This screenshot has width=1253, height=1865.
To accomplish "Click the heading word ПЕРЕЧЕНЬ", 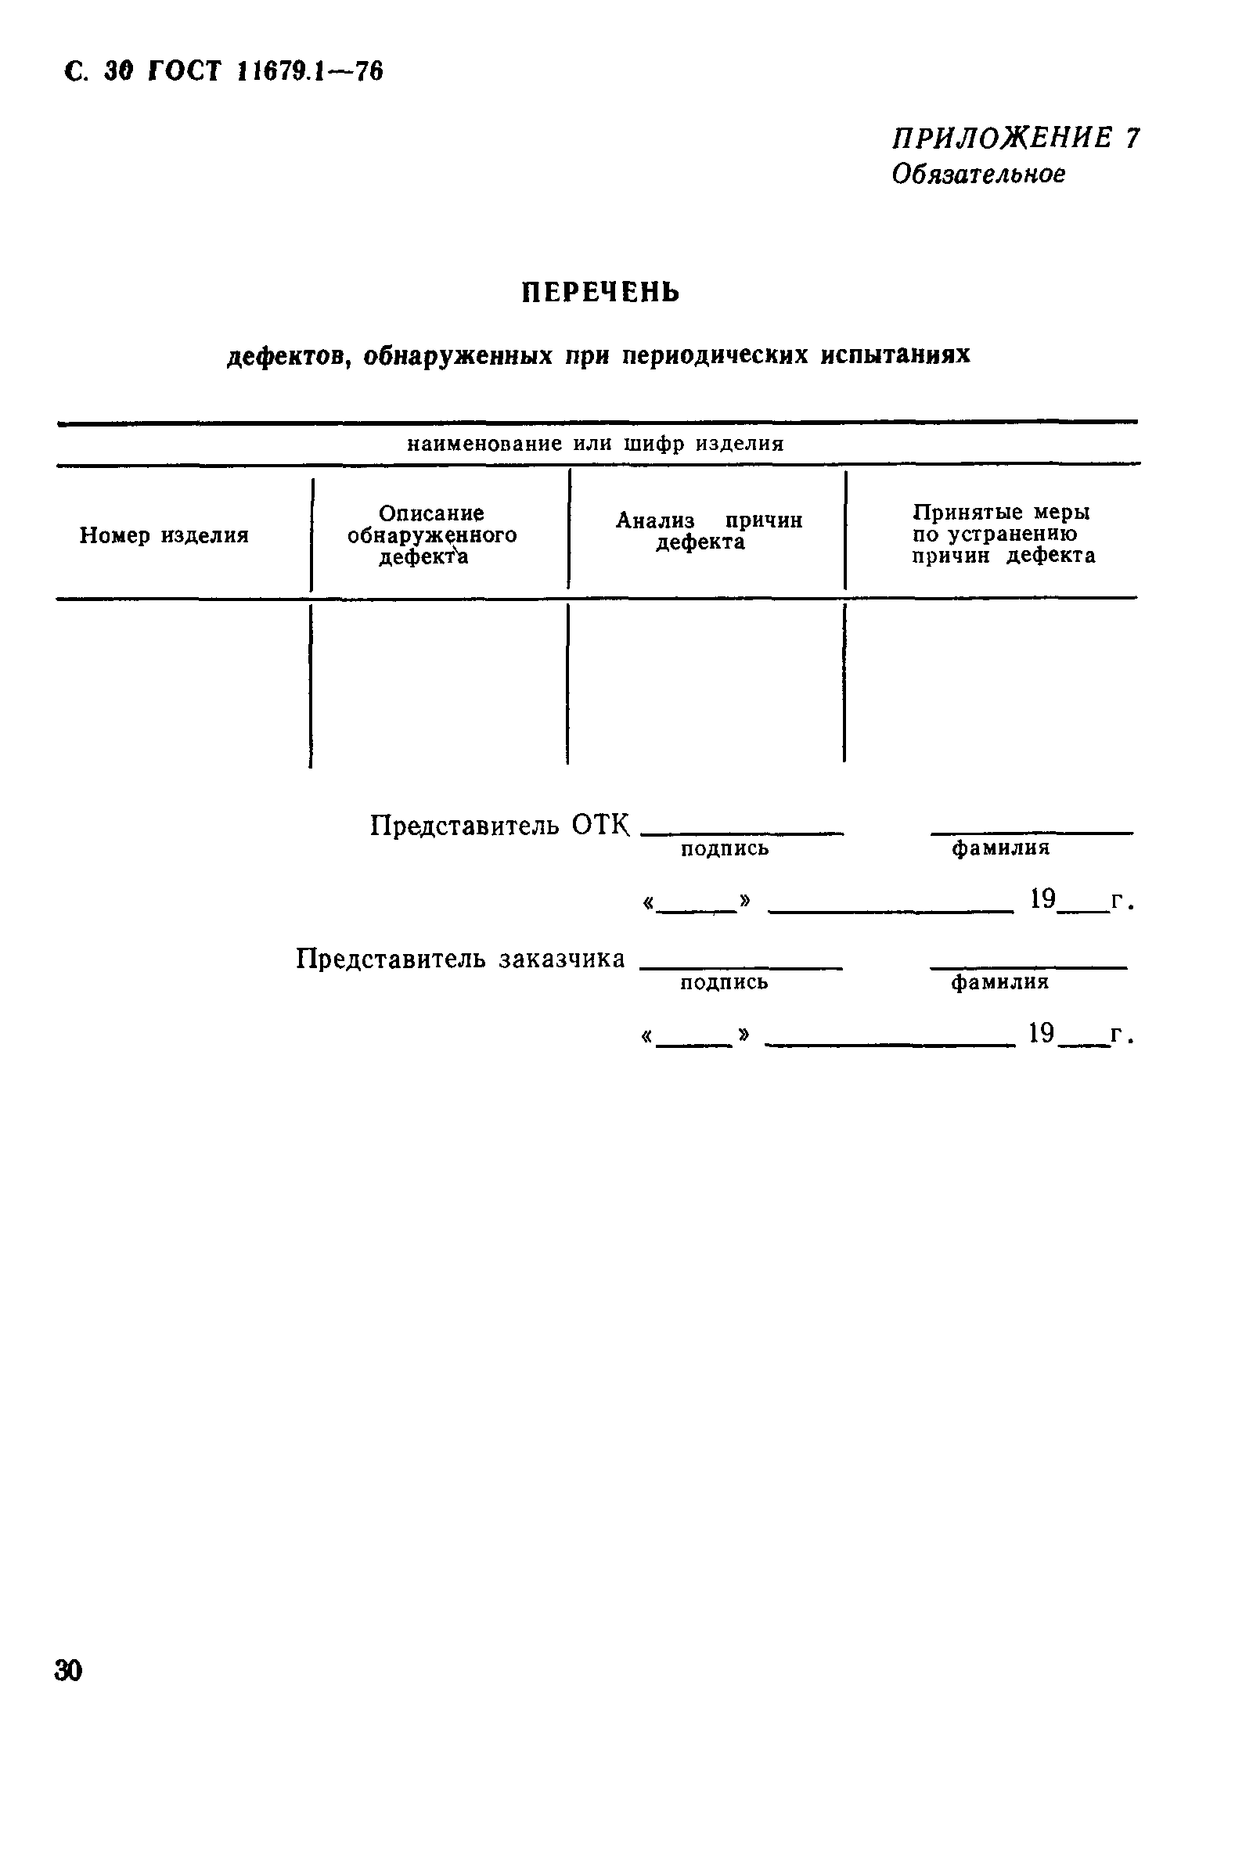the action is pyautogui.click(x=600, y=293).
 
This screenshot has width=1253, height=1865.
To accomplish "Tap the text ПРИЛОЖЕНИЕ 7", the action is pyautogui.click(x=1015, y=139).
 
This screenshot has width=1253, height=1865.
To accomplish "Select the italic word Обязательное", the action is pyautogui.click(x=978, y=174).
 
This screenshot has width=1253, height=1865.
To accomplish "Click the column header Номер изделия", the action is pyautogui.click(x=164, y=535).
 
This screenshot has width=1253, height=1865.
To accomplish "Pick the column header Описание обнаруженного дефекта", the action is pyautogui.click(x=431, y=535).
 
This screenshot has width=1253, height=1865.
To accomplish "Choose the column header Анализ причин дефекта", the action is pyautogui.click(x=708, y=531).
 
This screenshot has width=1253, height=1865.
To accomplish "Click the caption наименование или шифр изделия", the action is pyautogui.click(x=596, y=444).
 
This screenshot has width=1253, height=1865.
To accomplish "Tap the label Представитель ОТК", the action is pyautogui.click(x=499, y=825).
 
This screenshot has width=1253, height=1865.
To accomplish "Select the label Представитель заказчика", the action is pyautogui.click(x=460, y=958).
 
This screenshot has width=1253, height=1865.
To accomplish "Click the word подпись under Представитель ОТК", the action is pyautogui.click(x=725, y=848).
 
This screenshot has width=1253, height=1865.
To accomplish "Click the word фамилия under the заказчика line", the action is pyautogui.click(x=999, y=982).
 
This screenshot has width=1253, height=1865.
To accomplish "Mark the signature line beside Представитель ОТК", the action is pyautogui.click(x=742, y=833).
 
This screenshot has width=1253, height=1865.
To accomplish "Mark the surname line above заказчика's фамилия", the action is pyautogui.click(x=1028, y=967).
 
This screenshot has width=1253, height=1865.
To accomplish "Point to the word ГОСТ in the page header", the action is pyautogui.click(x=184, y=72).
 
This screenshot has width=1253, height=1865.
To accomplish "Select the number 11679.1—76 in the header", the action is pyautogui.click(x=310, y=72).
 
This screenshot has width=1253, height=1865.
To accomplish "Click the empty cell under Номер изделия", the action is pyautogui.click(x=182, y=683).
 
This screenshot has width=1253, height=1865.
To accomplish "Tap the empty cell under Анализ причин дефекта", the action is pyautogui.click(x=706, y=683).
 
